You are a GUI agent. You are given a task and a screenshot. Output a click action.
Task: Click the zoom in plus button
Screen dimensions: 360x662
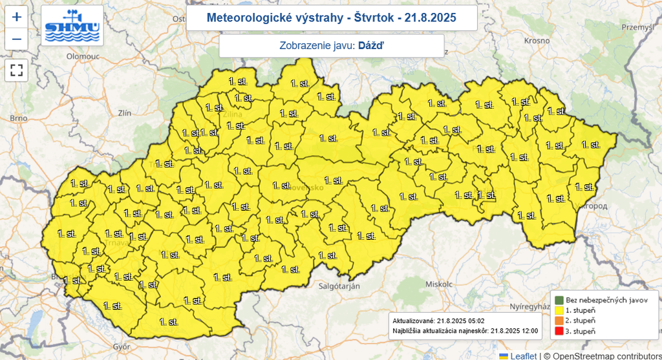[17, 17]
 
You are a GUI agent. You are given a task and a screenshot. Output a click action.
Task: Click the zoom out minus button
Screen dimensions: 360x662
[17, 39]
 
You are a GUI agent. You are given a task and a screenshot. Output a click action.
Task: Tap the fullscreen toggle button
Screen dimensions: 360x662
[17, 70]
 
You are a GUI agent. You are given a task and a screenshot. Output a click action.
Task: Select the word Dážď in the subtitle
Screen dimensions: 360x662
[370, 46]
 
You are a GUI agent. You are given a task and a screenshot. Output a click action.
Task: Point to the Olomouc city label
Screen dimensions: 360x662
[81, 57]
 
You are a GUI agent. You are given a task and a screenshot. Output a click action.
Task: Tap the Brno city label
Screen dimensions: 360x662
[18, 118]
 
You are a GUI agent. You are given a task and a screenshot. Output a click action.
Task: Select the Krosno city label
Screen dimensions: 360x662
[537, 41]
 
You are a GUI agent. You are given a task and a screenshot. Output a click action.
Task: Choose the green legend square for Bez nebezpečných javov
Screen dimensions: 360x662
[559, 300]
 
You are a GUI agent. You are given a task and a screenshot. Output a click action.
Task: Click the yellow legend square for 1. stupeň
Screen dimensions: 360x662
[559, 310]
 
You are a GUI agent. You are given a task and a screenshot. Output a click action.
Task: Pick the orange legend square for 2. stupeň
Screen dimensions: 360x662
[559, 321]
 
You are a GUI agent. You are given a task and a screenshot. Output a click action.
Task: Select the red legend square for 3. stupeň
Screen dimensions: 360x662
[559, 331]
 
